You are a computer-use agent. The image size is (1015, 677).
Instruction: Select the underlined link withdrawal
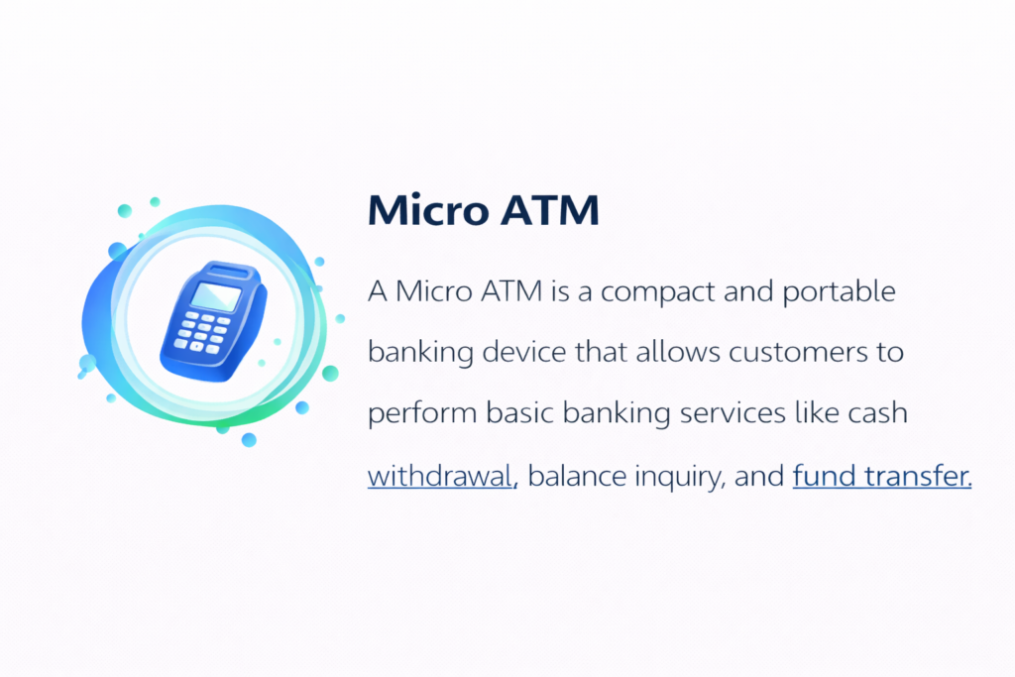[441, 477]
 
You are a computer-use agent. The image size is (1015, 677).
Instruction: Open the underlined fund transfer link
[882, 476]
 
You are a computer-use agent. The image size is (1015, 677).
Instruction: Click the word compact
[657, 292]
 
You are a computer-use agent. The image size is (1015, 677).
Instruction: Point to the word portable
[839, 292]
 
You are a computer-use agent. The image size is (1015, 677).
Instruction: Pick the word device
[524, 352]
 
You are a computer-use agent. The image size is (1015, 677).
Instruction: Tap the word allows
[678, 352]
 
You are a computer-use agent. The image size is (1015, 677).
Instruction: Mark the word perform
[422, 414]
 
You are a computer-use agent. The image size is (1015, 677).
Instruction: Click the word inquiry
[679, 478]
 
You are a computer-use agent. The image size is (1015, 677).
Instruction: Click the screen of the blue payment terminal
[216, 296]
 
